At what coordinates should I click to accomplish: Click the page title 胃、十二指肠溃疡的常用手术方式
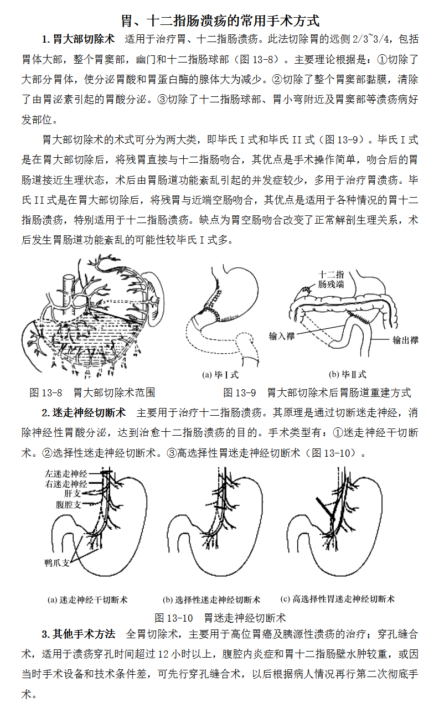220,21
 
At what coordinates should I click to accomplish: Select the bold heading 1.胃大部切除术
79,39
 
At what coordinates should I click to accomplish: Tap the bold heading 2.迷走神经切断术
84,413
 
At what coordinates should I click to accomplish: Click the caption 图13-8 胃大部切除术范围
92,392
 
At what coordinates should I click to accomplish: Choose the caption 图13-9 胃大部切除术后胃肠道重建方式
317,392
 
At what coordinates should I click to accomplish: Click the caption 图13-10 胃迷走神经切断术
220,617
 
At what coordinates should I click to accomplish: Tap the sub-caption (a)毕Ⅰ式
220,375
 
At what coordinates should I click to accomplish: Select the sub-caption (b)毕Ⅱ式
347,375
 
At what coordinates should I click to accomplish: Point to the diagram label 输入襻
281,336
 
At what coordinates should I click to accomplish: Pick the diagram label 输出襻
405,340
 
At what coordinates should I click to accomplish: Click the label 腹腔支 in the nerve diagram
69,504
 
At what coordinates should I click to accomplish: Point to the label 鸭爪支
57,562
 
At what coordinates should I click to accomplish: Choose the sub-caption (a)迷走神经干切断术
88,600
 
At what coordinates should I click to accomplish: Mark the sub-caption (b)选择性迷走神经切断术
211,600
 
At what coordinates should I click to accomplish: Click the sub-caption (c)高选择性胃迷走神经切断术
338,599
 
